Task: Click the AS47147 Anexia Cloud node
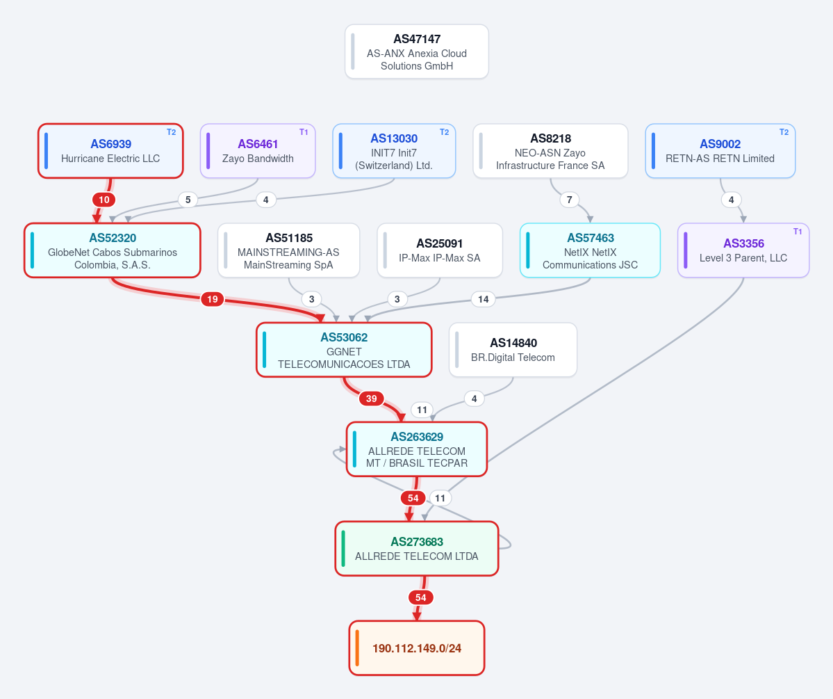[417, 51]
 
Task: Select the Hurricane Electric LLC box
[110, 151]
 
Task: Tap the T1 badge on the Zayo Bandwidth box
[304, 132]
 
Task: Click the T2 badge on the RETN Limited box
[784, 132]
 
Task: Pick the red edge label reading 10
[104, 200]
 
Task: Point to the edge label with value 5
[188, 200]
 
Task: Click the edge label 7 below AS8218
[570, 200]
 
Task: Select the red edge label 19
[213, 300]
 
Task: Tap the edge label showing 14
[484, 300]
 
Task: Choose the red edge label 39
[372, 399]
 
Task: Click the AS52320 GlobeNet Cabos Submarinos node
[113, 250]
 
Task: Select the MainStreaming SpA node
[289, 250]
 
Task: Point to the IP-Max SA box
[440, 250]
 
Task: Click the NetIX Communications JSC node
[591, 250]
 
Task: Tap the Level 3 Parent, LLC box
[744, 250]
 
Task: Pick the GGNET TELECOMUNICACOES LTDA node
[345, 350]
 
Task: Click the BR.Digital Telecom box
[513, 350]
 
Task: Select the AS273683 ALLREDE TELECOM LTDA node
[417, 549]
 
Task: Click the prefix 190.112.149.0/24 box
[417, 648]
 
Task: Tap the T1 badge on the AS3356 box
[798, 232]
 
